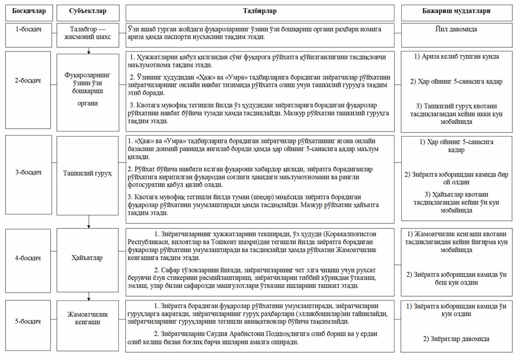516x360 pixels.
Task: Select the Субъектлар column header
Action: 88,10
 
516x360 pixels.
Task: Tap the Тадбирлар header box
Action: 260,10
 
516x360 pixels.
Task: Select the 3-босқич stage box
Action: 28,172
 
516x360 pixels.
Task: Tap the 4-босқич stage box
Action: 28,258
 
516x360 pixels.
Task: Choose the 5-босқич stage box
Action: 28,321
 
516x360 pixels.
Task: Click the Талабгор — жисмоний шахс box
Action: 88,33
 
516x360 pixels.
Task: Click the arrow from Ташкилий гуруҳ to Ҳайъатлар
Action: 88,221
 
